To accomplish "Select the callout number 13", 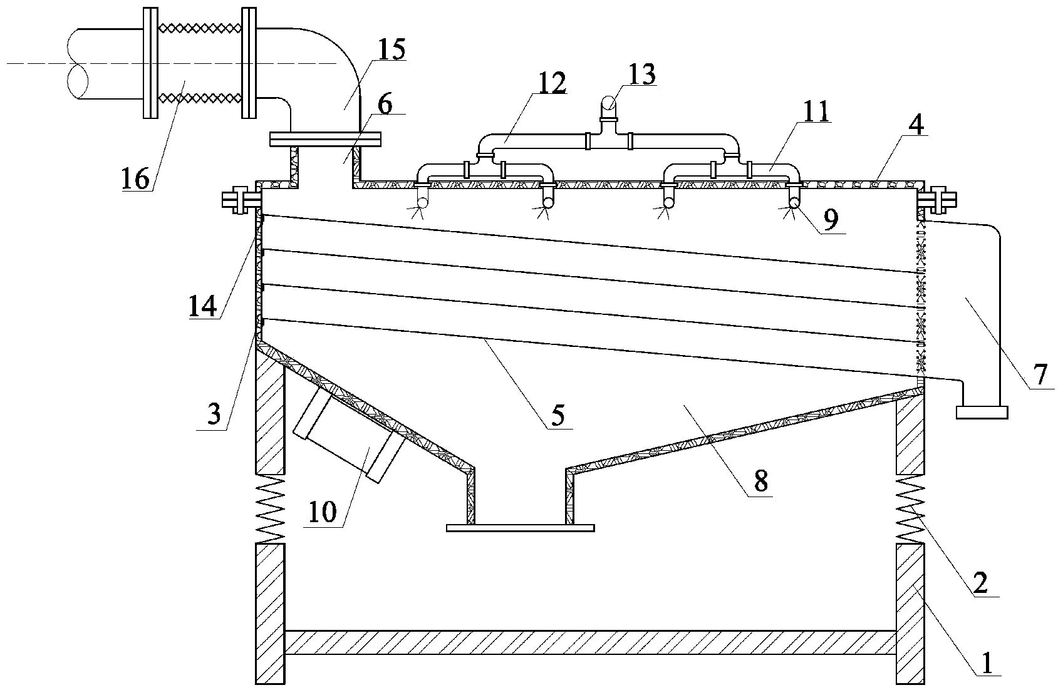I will (x=641, y=75).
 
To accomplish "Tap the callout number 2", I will (x=979, y=582).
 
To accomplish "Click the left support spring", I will (x=270, y=508).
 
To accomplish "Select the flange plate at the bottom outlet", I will (x=520, y=528).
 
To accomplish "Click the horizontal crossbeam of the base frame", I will (x=590, y=642).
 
